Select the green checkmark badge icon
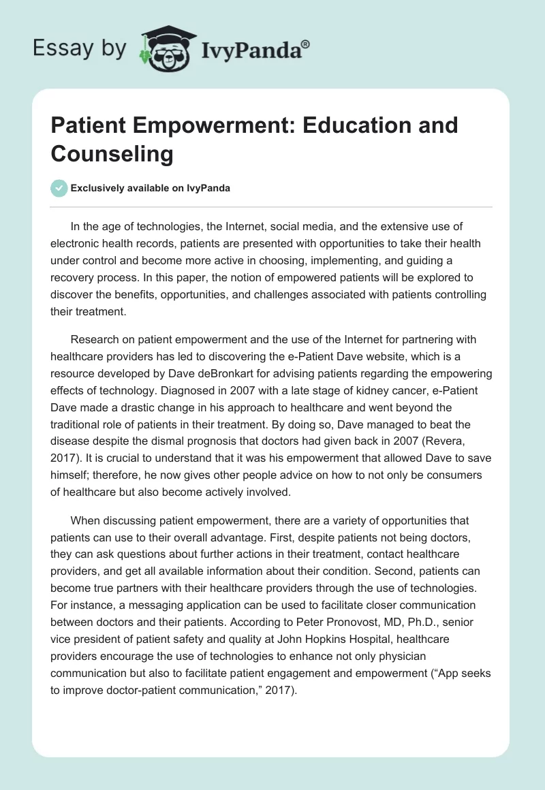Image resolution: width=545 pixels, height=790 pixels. pyautogui.click(x=59, y=188)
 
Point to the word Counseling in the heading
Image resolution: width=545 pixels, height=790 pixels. pyautogui.click(x=112, y=154)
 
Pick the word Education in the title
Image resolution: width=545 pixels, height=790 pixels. pyautogui.click(x=354, y=126)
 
